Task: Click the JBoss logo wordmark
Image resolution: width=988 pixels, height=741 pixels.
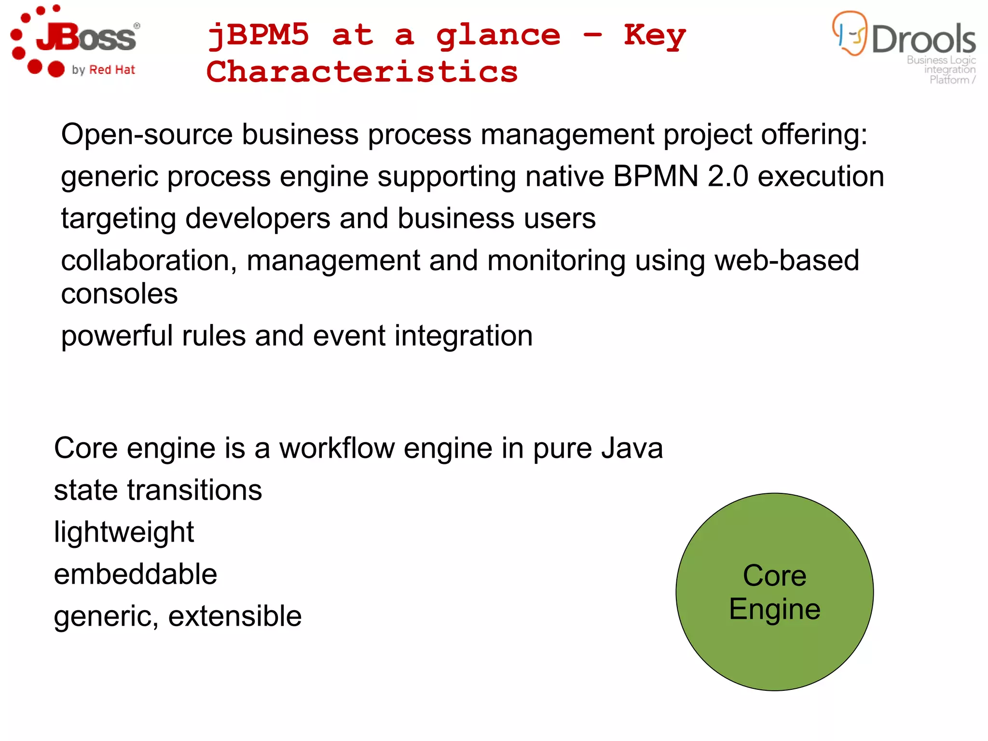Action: (87, 38)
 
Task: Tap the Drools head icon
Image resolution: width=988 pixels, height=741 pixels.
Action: (850, 33)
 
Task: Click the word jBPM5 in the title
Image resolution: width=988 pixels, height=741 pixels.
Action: (258, 35)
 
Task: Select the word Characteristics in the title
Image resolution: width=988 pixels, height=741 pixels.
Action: (362, 72)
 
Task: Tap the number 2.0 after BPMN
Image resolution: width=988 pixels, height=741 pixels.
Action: (728, 176)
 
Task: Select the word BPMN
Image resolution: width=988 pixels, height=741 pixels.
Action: (656, 176)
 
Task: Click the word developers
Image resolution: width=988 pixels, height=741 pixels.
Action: (258, 219)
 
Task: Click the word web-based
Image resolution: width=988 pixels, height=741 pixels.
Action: (787, 261)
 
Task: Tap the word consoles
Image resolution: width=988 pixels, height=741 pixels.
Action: (119, 294)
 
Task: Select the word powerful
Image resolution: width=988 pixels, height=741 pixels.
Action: (117, 336)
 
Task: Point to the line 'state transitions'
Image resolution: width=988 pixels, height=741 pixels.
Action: (158, 490)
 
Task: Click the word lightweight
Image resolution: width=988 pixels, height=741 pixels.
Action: (123, 532)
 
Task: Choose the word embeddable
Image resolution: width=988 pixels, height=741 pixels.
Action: (136, 574)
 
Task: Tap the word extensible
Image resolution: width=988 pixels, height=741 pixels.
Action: (235, 616)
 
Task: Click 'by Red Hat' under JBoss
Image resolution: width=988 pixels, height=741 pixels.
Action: (103, 70)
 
